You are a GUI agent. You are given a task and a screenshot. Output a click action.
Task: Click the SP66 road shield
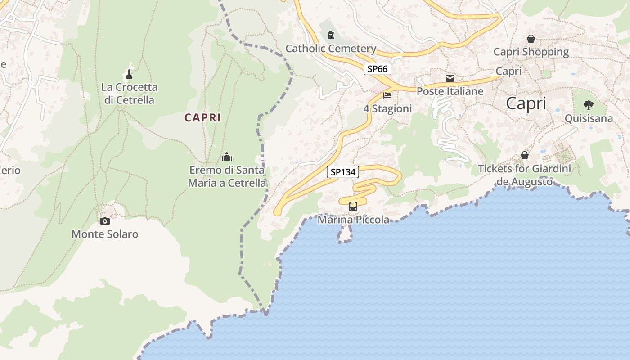coord(378,69)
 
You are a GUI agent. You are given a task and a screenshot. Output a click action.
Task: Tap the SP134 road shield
coord(342,171)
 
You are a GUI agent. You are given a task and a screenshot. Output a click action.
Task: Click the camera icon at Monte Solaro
coord(105,221)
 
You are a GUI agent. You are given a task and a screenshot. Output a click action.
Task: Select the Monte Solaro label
coord(105,234)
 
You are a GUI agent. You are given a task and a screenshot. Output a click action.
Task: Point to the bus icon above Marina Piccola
coord(353,207)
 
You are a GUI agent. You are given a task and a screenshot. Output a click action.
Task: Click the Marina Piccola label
coord(353,220)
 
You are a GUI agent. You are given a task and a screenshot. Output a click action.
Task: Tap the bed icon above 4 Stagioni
coord(387,95)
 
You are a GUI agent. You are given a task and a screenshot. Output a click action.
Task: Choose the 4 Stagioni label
coord(387,109)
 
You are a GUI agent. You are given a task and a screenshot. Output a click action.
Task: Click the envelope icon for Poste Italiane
coord(450,78)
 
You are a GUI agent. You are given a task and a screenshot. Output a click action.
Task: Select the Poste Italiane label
coord(450,91)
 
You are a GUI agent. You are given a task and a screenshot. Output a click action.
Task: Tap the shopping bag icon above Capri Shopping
coord(531,39)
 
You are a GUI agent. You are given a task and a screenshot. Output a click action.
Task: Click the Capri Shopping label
coord(531,52)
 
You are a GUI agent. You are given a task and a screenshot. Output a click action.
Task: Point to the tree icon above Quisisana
coord(589,105)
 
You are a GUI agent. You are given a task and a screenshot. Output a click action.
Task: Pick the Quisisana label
coord(589,118)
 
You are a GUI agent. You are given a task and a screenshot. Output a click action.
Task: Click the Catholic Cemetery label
coord(331,49)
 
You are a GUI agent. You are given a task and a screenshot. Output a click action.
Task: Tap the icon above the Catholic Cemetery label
coord(331,35)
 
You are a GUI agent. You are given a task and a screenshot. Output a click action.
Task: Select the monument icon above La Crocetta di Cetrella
coord(129,74)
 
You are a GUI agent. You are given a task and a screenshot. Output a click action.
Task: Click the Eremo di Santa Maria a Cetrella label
coord(227,177)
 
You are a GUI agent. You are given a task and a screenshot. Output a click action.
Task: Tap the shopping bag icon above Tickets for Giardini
coord(525,155)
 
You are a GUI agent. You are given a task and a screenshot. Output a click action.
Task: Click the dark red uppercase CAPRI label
coord(202,118)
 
